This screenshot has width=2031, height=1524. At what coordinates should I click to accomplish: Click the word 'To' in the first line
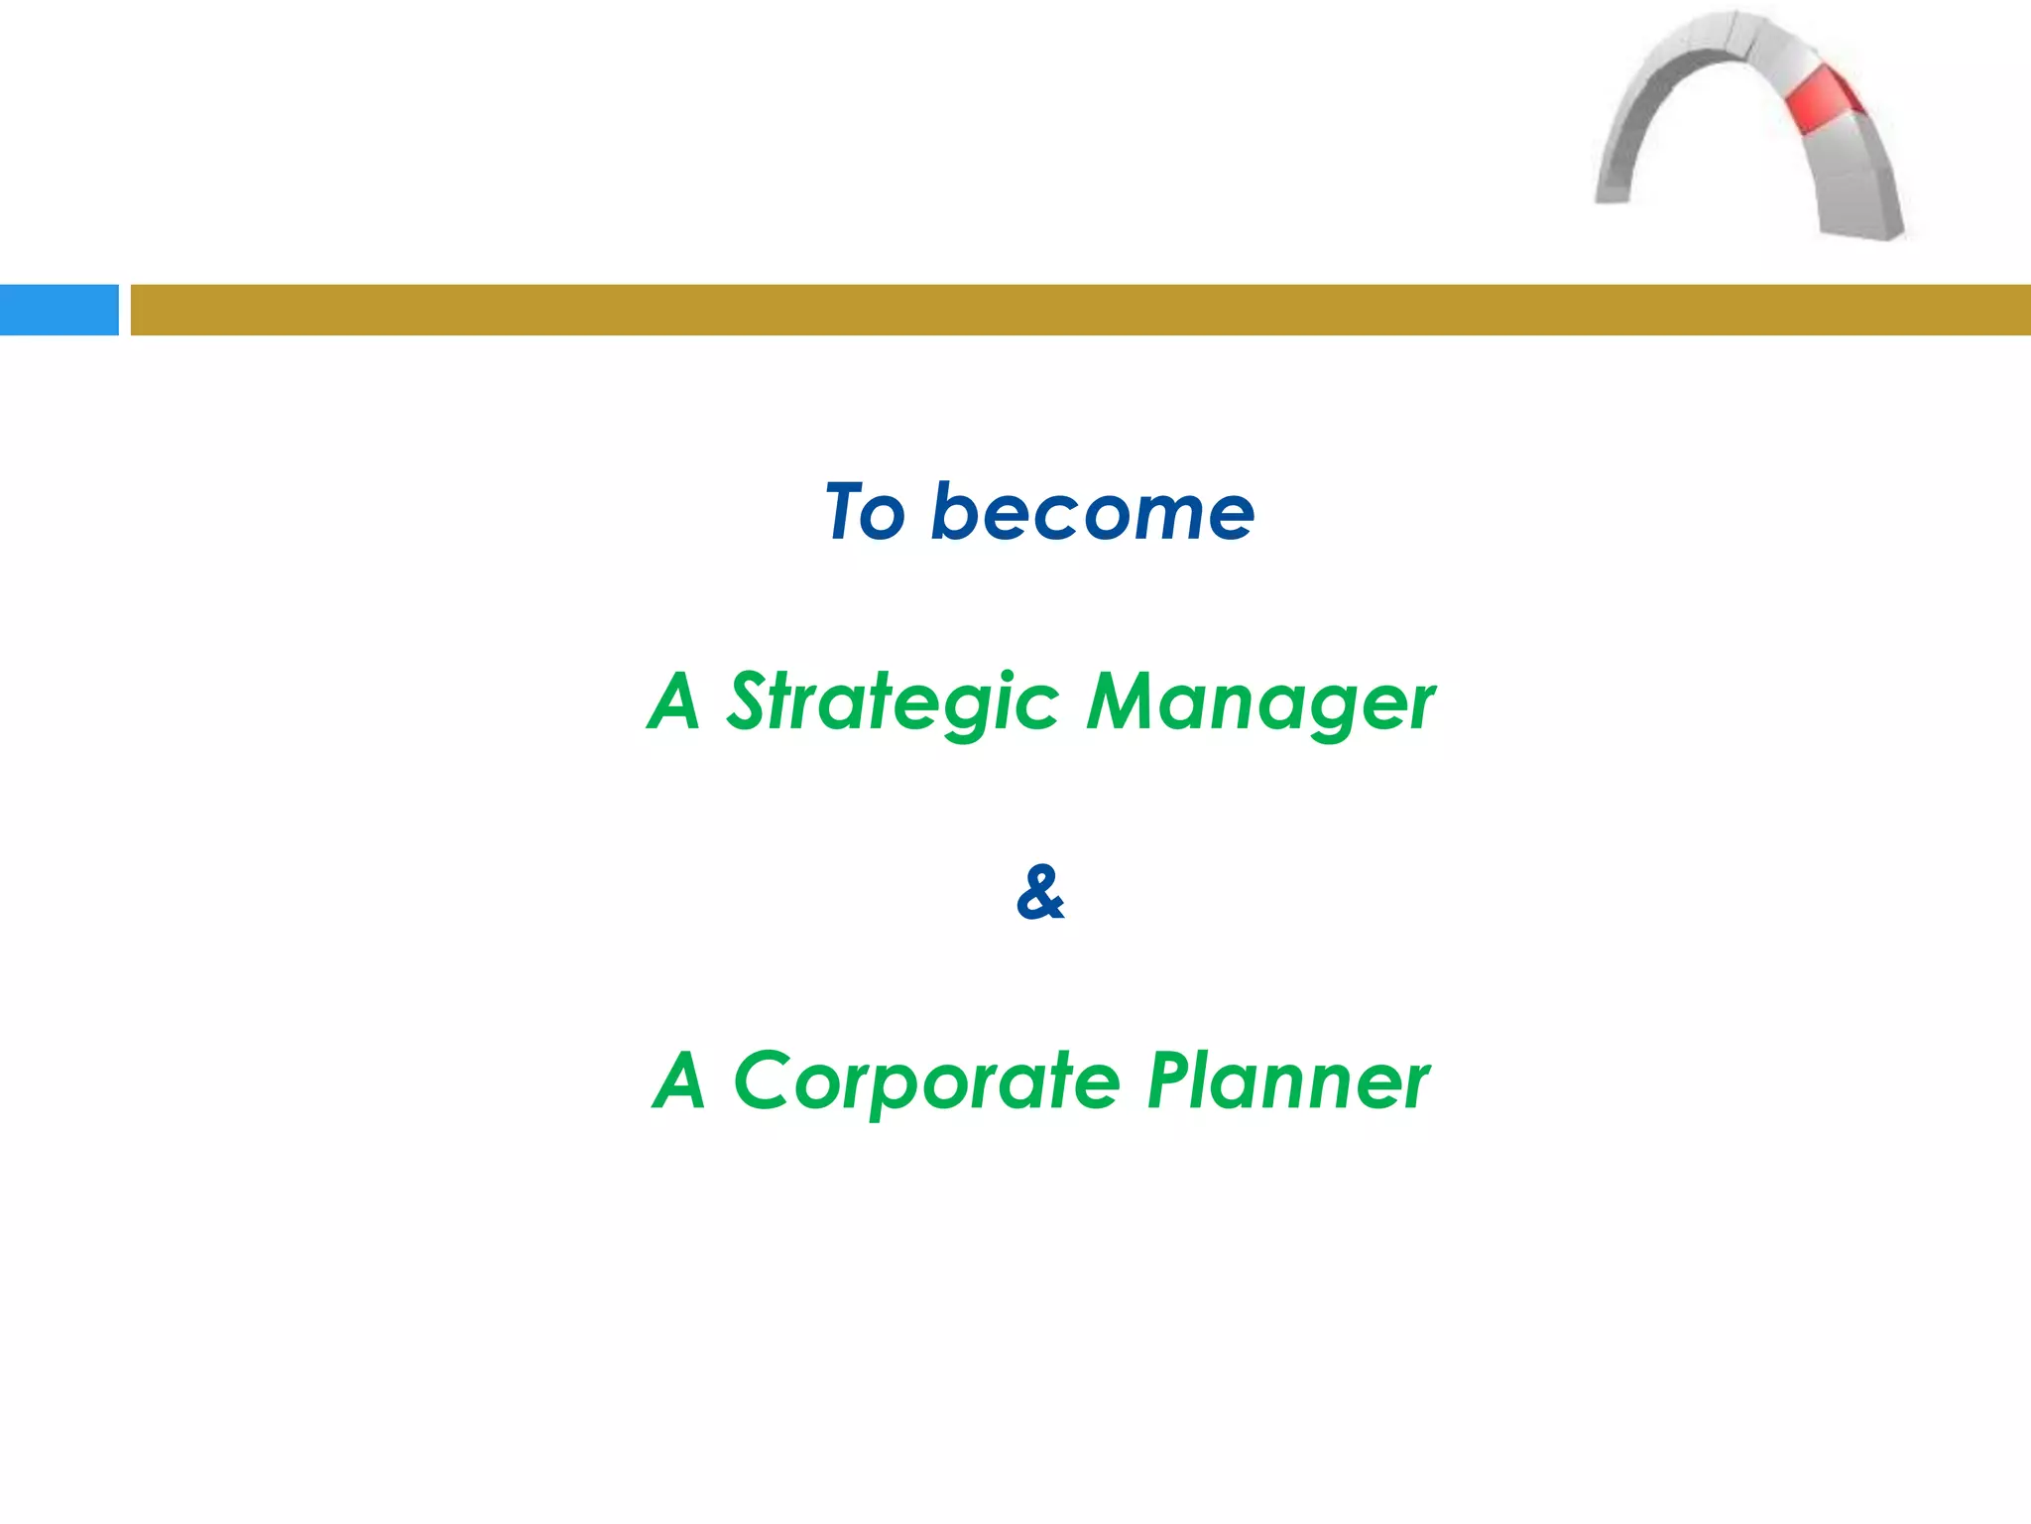pyautogui.click(x=865, y=513)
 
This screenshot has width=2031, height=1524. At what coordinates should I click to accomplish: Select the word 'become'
pyautogui.click(x=1092, y=513)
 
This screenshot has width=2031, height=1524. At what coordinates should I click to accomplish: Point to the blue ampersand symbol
pyautogui.click(x=1040, y=892)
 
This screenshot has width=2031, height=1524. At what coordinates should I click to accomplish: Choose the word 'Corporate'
pyautogui.click(x=927, y=1081)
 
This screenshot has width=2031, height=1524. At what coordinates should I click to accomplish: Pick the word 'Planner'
pyautogui.click(x=1287, y=1081)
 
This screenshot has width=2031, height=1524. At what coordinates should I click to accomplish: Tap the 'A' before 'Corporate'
pyautogui.click(x=681, y=1081)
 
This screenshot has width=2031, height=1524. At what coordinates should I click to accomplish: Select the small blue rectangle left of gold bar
pyautogui.click(x=59, y=310)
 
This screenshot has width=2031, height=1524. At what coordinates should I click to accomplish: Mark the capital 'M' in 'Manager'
pyautogui.click(x=1119, y=701)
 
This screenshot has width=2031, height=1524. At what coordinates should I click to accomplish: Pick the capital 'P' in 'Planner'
pyautogui.click(x=1170, y=1081)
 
